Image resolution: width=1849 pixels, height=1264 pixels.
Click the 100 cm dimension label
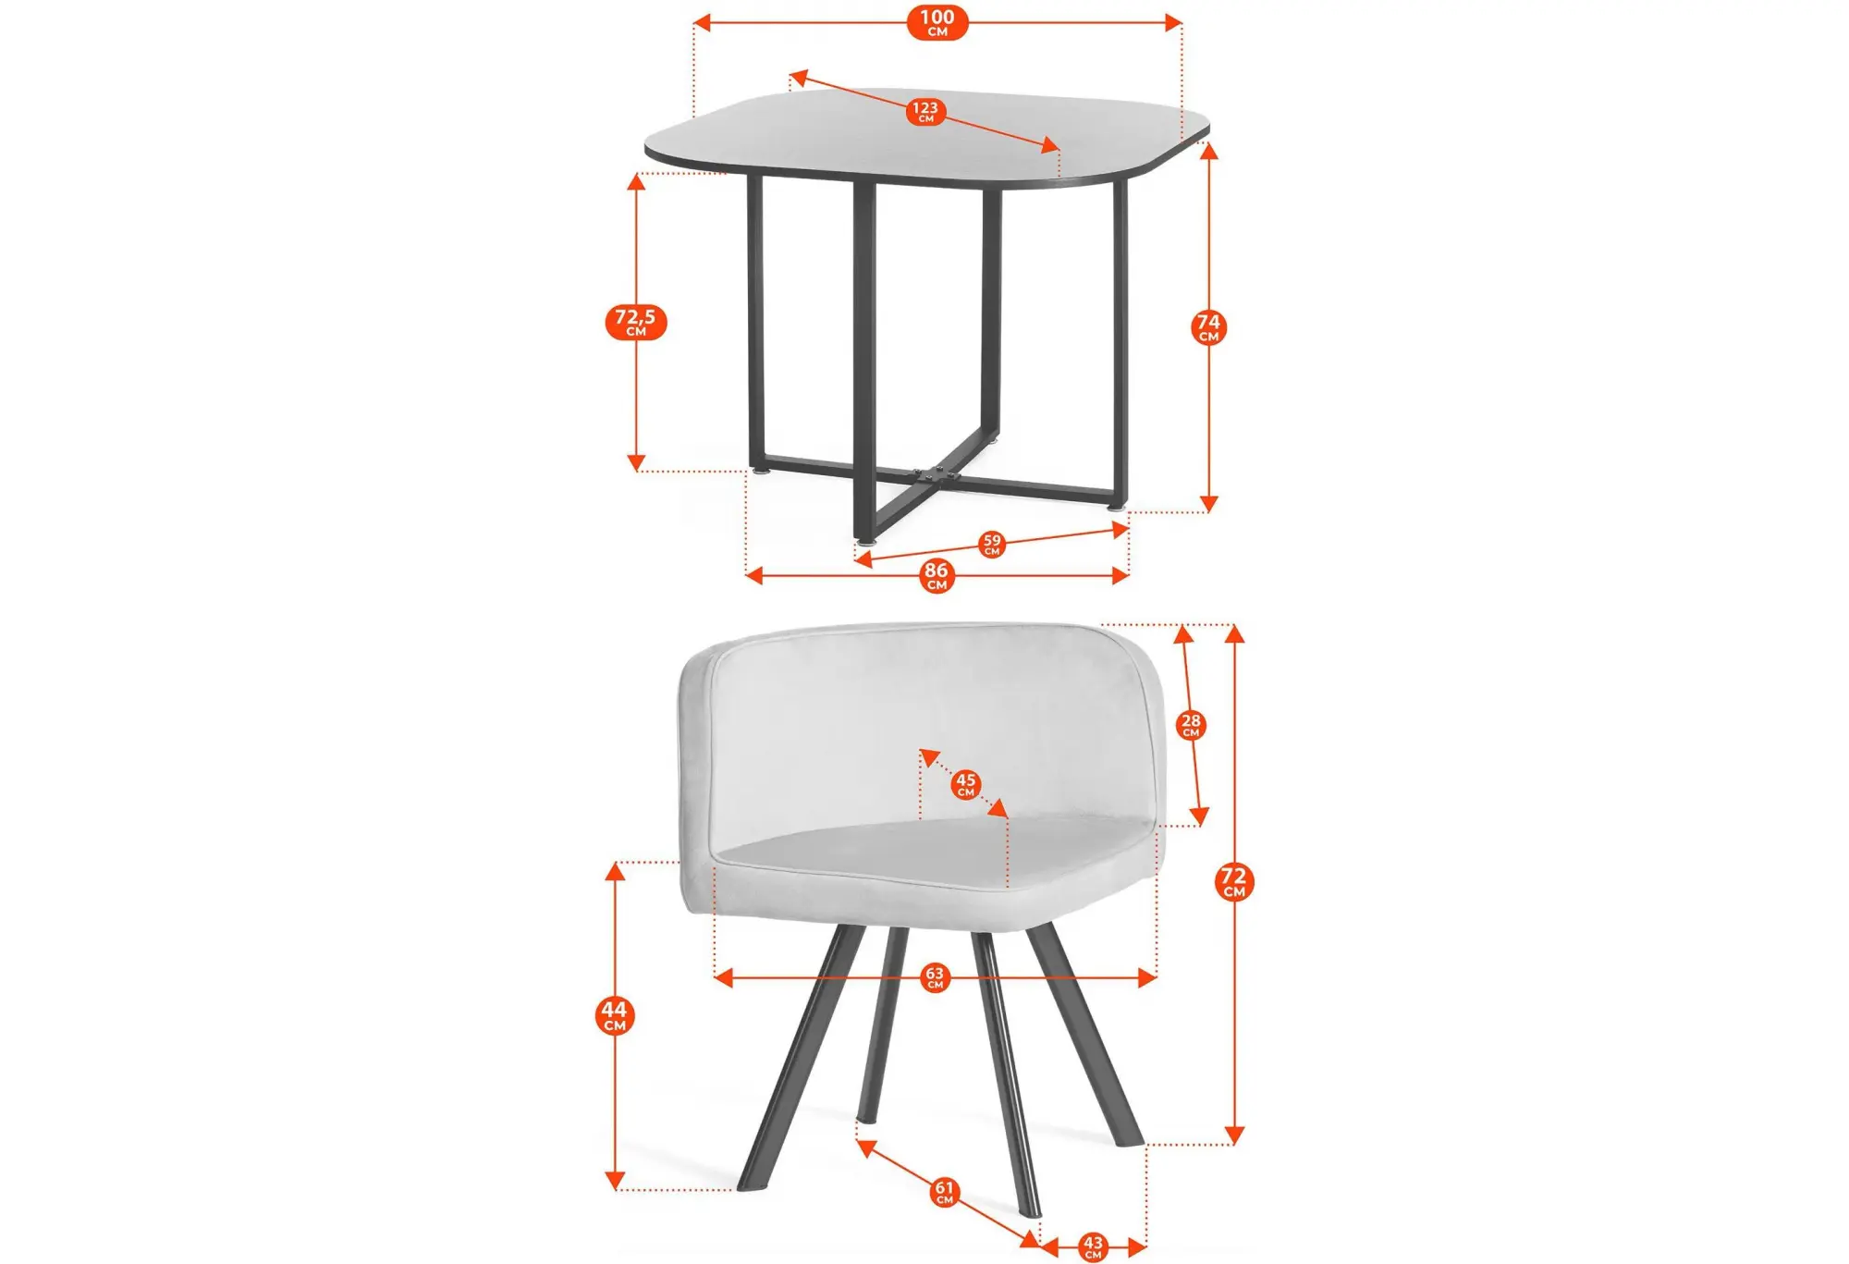point(937,22)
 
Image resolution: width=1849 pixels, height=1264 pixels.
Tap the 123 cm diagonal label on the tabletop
point(925,112)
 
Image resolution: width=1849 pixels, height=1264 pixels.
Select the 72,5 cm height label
point(636,322)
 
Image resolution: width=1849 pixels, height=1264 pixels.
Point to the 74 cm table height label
point(1208,327)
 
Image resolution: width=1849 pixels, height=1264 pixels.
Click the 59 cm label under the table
point(992,544)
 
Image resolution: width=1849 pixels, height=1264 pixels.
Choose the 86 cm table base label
point(937,575)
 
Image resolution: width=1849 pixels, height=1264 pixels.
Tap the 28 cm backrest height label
point(1191,724)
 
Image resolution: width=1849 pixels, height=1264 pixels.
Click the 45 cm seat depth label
point(966,784)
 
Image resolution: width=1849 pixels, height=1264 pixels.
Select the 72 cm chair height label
point(1234,881)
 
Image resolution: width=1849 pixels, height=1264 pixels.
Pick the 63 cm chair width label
point(935,977)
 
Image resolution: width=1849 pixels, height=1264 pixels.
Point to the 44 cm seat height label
point(615,1015)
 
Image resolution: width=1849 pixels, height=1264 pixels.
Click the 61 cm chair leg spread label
point(944,1192)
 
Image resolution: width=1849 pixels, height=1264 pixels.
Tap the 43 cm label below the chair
point(1093,1246)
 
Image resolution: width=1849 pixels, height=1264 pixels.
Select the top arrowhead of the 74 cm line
point(1208,150)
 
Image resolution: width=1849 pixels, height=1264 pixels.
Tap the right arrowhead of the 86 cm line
point(1120,576)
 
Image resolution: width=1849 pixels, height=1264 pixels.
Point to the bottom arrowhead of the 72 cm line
point(1234,1135)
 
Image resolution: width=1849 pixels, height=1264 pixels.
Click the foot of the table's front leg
point(865,542)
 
